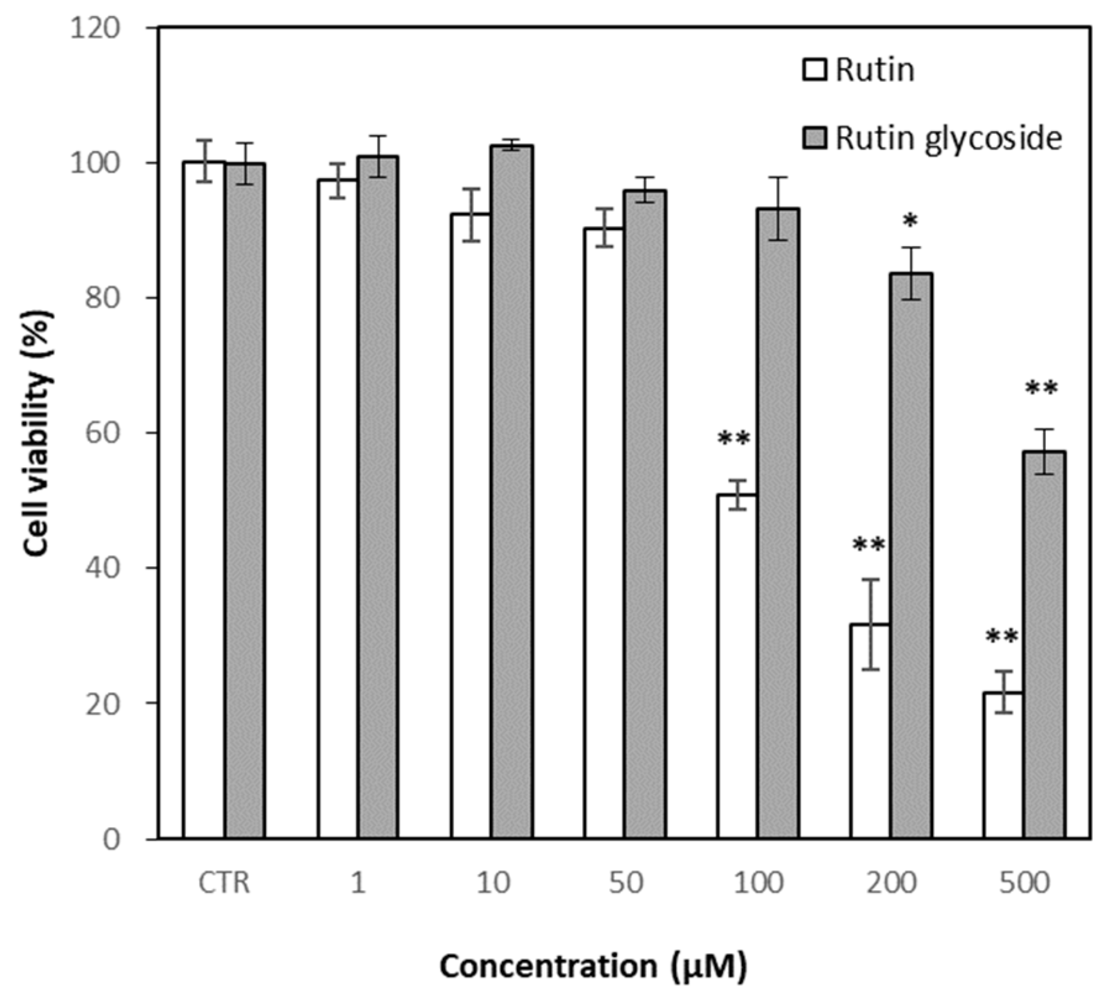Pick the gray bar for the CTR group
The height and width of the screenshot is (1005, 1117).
pos(245,501)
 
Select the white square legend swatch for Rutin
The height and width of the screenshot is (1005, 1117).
pos(814,70)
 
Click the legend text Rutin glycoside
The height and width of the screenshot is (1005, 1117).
pos(948,138)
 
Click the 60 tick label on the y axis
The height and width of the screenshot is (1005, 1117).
pos(103,433)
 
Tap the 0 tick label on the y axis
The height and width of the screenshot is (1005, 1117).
pos(112,839)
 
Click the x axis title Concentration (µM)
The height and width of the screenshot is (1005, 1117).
pos(593,966)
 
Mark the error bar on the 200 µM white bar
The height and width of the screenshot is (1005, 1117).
pos(870,624)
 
